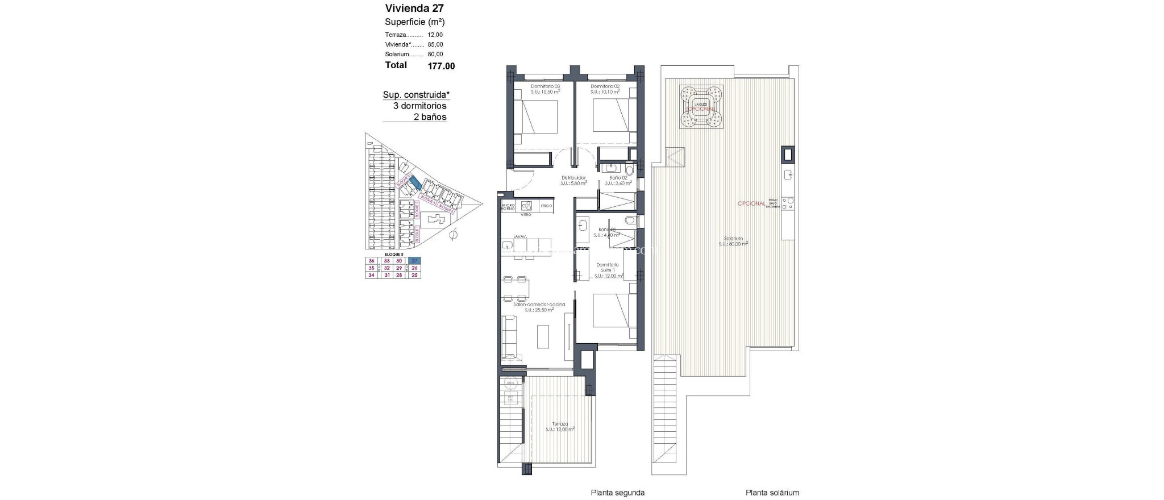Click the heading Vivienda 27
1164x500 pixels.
pyautogui.click(x=414, y=8)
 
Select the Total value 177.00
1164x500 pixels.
pyautogui.click(x=441, y=66)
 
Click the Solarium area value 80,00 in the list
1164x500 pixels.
pyautogui.click(x=435, y=55)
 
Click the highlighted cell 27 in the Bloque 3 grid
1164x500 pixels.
pyautogui.click(x=414, y=261)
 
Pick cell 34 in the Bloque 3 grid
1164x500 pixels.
pyautogui.click(x=372, y=276)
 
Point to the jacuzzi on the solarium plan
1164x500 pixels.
pyautogui.click(x=701, y=107)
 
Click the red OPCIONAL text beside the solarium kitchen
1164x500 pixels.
pyautogui.click(x=751, y=203)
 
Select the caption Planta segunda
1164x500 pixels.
pyautogui.click(x=617, y=493)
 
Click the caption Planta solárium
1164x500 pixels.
pyautogui.click(x=772, y=493)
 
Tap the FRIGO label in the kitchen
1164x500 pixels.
pyautogui.click(x=546, y=206)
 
